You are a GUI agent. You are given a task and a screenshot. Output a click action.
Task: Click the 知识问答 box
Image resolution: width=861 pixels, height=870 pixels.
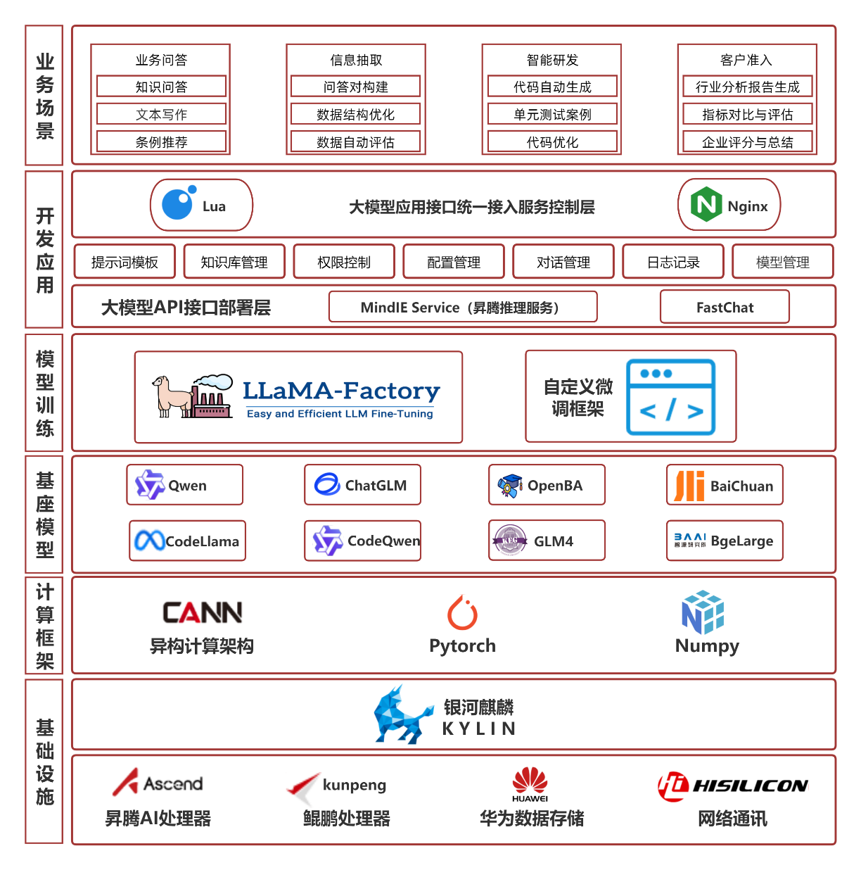pyautogui.click(x=161, y=87)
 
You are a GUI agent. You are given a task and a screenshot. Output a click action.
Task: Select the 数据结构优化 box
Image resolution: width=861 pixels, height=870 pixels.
pyautogui.click(x=355, y=114)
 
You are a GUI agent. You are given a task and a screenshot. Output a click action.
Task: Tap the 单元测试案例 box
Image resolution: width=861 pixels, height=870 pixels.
pyautogui.click(x=552, y=114)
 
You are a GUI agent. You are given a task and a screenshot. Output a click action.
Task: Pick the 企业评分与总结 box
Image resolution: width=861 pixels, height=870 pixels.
pyautogui.click(x=747, y=141)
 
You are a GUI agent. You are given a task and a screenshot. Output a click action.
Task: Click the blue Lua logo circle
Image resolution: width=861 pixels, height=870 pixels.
pyautogui.click(x=178, y=203)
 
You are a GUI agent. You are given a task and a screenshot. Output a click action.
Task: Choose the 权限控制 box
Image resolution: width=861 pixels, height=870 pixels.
pyautogui.click(x=344, y=261)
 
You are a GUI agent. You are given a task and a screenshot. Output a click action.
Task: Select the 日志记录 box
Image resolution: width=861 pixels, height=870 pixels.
pyautogui.click(x=672, y=261)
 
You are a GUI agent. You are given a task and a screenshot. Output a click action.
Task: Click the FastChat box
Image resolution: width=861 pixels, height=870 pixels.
pyautogui.click(x=725, y=307)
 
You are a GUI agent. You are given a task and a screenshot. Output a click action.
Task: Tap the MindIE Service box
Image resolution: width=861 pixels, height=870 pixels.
pyautogui.click(x=463, y=307)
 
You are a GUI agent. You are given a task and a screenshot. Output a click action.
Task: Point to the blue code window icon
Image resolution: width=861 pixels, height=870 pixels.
pyautogui.click(x=670, y=397)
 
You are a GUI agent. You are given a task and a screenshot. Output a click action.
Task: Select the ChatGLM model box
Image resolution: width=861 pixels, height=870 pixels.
pyautogui.click(x=362, y=484)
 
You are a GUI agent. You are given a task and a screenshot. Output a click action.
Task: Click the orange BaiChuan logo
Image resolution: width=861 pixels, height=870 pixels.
pyautogui.click(x=689, y=486)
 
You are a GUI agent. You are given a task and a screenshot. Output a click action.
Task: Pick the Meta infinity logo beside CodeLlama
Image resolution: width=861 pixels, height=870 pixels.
pyautogui.click(x=149, y=540)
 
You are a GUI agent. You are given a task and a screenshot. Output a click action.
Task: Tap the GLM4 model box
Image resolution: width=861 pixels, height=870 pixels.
pyautogui.click(x=547, y=540)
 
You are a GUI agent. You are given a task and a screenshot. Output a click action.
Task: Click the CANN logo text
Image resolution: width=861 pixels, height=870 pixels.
pyautogui.click(x=202, y=612)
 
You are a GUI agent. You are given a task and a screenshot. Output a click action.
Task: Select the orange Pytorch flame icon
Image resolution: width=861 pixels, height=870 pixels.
pyautogui.click(x=462, y=612)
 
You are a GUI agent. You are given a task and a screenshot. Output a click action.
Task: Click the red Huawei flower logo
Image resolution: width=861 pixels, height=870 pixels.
pyautogui.click(x=530, y=780)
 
